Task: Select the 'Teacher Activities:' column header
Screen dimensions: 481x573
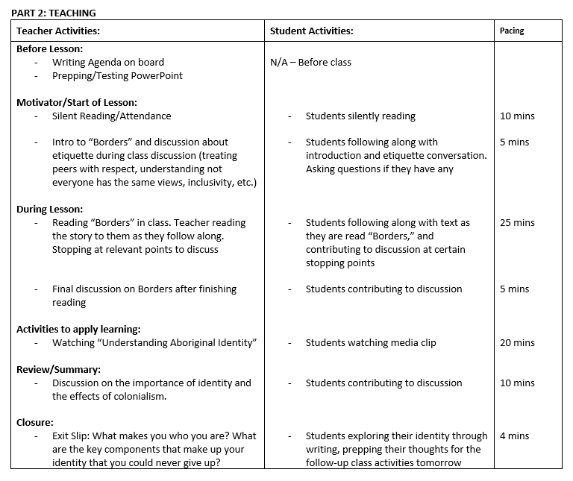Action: point(58,31)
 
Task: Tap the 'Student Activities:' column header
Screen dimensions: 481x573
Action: point(311,31)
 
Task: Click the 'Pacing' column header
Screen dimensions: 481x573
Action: point(512,31)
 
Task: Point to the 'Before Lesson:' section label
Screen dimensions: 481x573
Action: point(49,48)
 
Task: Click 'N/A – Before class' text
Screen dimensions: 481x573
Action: point(310,62)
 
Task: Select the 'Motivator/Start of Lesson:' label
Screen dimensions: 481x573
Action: point(77,102)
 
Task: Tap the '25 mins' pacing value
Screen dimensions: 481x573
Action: point(517,222)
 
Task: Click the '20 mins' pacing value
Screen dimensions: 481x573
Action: point(517,342)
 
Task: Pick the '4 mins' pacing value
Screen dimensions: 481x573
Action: point(514,436)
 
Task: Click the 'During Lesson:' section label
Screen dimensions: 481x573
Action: point(49,209)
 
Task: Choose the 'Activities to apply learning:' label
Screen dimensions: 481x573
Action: point(78,329)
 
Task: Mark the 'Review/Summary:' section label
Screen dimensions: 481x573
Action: point(58,369)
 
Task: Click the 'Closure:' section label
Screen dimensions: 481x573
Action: point(35,422)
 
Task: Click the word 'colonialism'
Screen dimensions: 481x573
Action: point(137,396)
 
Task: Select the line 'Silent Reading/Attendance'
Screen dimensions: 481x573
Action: point(111,116)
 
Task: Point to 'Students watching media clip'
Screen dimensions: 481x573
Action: point(371,342)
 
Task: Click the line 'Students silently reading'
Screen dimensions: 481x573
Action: point(360,116)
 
